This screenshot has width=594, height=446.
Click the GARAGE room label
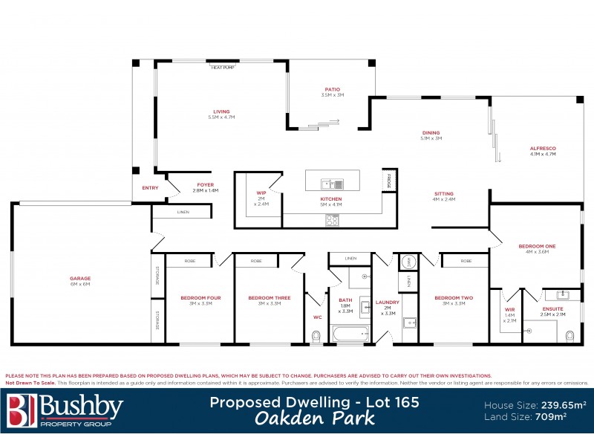(80, 279)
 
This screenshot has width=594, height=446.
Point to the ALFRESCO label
(543, 149)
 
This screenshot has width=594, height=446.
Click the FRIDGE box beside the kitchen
(388, 180)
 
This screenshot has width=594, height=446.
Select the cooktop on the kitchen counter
(333, 220)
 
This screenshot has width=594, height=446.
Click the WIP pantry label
(261, 193)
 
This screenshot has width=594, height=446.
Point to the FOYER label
(205, 185)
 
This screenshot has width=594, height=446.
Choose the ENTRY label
(150, 188)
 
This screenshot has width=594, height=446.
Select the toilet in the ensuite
(569, 335)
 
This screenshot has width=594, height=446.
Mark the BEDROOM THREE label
(269, 298)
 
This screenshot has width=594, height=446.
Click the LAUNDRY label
(388, 302)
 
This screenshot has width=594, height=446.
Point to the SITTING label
(444, 195)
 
